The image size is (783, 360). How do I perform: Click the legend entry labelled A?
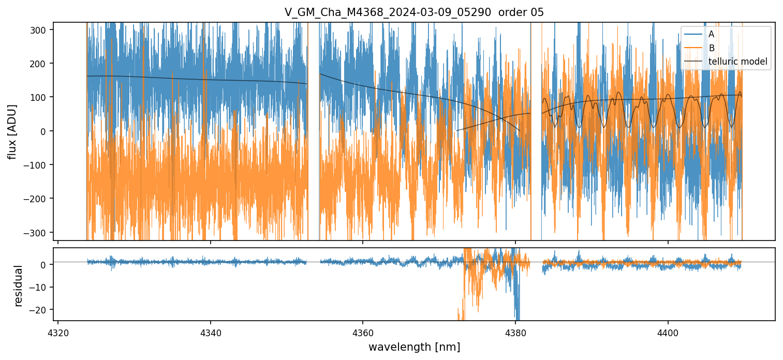click(711, 35)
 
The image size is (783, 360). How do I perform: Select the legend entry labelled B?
click(711, 48)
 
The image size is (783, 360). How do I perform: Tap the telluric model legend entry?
click(737, 62)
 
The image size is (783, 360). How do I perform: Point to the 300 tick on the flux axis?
click(41, 30)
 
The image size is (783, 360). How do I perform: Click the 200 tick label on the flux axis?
click(41, 64)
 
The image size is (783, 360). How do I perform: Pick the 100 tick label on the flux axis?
click(41, 97)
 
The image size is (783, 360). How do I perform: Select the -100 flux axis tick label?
click(40, 165)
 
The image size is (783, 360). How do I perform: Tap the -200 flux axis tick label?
click(40, 199)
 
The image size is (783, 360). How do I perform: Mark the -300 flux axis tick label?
click(40, 232)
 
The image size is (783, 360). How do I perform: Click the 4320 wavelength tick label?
click(58, 332)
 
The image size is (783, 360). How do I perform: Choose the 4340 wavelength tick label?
click(210, 332)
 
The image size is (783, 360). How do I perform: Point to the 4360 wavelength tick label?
click(363, 332)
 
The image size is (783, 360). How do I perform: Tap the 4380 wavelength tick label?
click(515, 332)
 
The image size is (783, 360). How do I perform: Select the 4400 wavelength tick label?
click(668, 332)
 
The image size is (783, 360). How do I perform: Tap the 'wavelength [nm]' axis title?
click(414, 347)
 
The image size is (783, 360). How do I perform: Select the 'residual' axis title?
click(19, 286)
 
